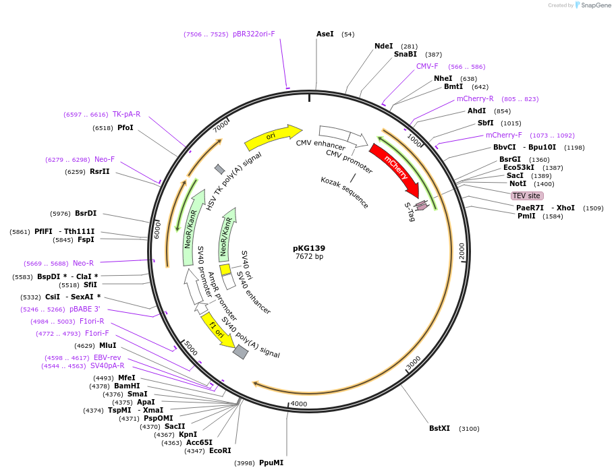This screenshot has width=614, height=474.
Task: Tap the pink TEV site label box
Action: click(x=527, y=196)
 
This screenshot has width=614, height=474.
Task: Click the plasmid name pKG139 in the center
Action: click(x=309, y=247)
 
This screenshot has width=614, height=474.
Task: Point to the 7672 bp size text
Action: click(x=309, y=256)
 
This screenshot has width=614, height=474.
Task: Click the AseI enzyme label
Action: click(x=325, y=34)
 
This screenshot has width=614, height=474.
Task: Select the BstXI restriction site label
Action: click(x=439, y=428)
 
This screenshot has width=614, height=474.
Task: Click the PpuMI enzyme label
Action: click(x=271, y=463)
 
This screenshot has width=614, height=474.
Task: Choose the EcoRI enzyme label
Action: click(x=220, y=450)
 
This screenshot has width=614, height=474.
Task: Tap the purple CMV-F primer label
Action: click(x=427, y=66)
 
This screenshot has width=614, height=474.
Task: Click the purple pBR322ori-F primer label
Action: click(x=254, y=34)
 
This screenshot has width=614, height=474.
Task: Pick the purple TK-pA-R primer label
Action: click(x=126, y=114)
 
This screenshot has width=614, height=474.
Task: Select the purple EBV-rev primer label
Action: click(x=107, y=357)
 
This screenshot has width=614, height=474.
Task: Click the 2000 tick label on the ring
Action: click(x=462, y=251)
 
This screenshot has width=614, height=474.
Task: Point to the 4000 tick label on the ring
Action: click(x=298, y=404)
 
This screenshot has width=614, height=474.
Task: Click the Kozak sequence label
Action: click(x=344, y=191)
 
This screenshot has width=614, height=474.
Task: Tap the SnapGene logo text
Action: click(x=596, y=5)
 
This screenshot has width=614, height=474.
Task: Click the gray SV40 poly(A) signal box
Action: click(x=240, y=352)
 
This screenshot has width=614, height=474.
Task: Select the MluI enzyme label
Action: click(x=108, y=345)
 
